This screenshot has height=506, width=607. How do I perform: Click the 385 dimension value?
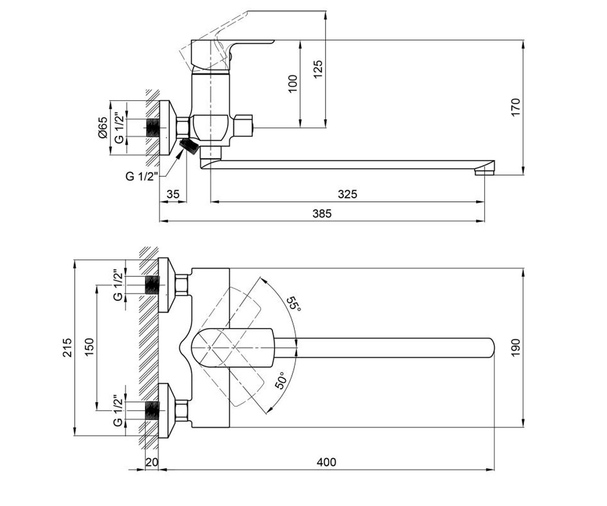[x=322, y=214]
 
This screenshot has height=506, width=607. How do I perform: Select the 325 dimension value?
[x=348, y=194]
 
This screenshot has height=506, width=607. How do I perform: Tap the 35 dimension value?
[x=174, y=194]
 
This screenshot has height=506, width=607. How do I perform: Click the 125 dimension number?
[x=318, y=69]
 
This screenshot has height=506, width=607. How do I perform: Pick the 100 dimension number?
[x=293, y=84]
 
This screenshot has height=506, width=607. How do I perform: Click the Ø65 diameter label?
[x=103, y=128]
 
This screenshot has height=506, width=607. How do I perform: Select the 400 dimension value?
[x=326, y=462]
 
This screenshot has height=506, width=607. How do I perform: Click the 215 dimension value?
[x=67, y=348]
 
